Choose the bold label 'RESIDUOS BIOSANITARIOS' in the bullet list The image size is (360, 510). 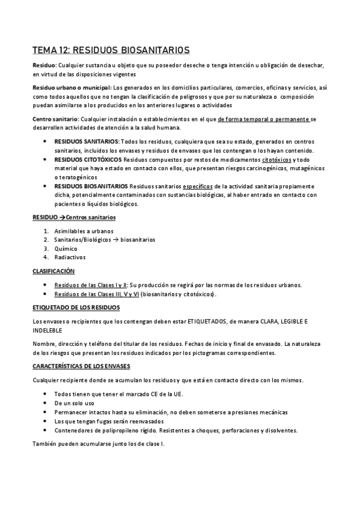[90, 186]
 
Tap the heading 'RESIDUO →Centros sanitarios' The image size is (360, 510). [74, 217]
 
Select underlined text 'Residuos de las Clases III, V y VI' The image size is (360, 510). [97, 293]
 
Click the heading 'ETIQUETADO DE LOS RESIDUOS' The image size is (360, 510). [76, 307]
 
